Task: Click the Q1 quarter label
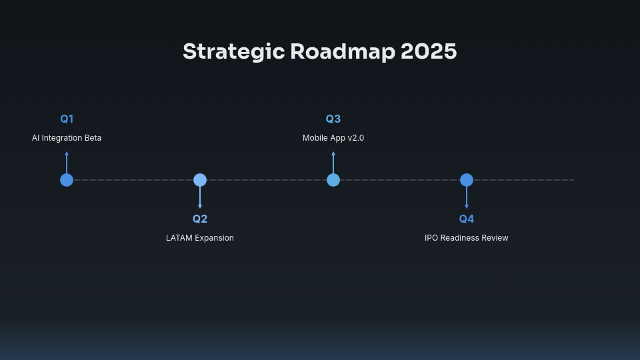(67, 119)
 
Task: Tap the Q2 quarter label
(200, 219)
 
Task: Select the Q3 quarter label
(333, 119)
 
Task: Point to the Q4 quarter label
(467, 219)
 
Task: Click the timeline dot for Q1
(67, 180)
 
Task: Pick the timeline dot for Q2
(200, 180)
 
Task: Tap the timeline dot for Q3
(333, 180)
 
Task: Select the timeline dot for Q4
(467, 180)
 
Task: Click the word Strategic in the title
(233, 52)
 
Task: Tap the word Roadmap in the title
(343, 51)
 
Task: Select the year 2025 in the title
(429, 51)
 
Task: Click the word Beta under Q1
(93, 138)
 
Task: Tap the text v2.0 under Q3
(356, 138)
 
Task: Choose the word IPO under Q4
(432, 238)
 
